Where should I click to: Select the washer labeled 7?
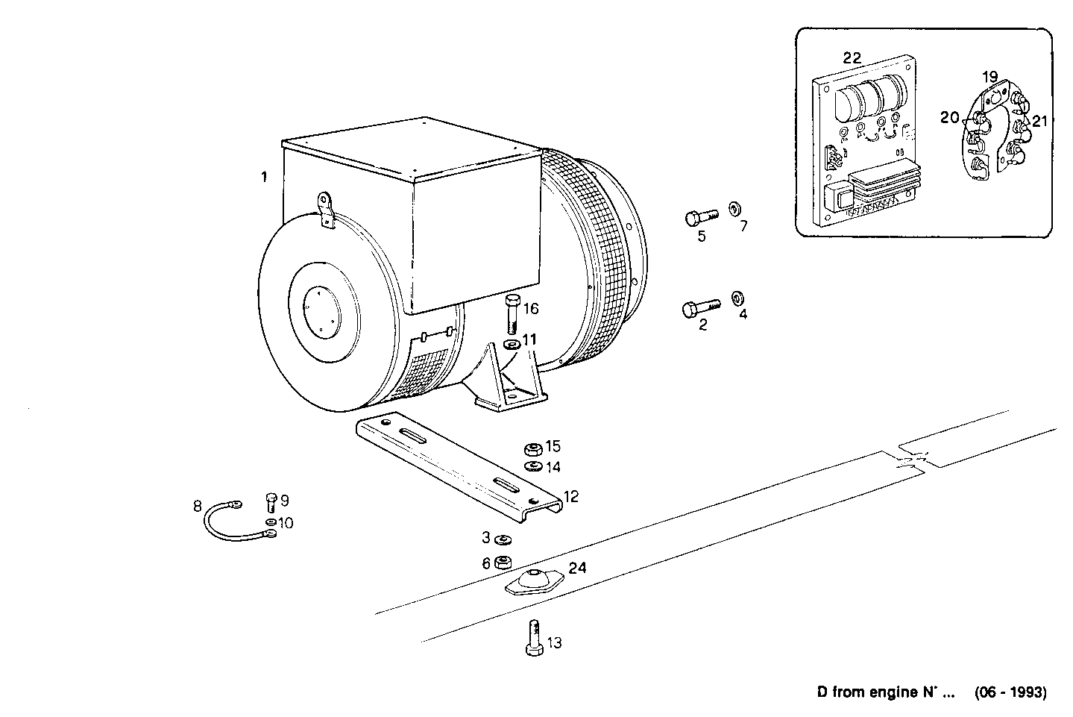pyautogui.click(x=734, y=207)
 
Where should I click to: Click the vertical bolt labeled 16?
pyautogui.click(x=511, y=314)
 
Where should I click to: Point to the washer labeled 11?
pyautogui.click(x=512, y=345)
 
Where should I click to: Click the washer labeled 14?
pyautogui.click(x=532, y=467)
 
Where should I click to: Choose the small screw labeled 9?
pyautogui.click(x=271, y=502)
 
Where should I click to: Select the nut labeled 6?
pyautogui.click(x=504, y=562)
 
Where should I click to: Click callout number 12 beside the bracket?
pyautogui.click(x=571, y=495)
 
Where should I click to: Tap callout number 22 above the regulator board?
pyautogui.click(x=852, y=58)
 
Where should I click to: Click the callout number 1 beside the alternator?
pyautogui.click(x=263, y=177)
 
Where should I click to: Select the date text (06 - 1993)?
pyautogui.click(x=1010, y=692)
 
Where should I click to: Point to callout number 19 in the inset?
pyautogui.click(x=989, y=77)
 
